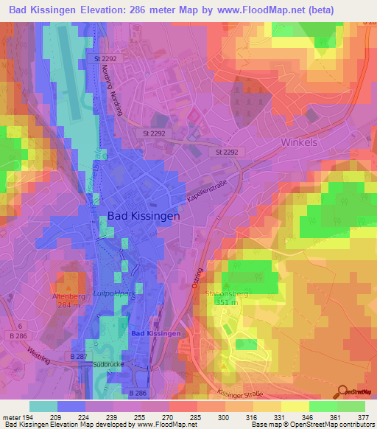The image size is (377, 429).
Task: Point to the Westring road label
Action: (x=37, y=343)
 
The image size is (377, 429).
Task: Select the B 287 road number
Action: (x=78, y=356)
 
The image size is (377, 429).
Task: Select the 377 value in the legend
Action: (x=363, y=416)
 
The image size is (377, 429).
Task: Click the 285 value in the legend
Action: (x=196, y=416)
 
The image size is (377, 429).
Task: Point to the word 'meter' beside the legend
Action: (x=10, y=416)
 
